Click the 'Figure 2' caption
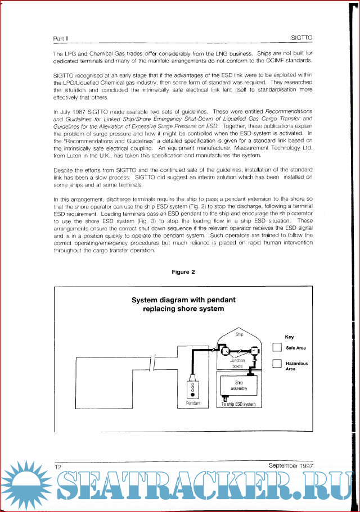(183, 272)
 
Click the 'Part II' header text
(61, 39)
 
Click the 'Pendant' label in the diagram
(193, 404)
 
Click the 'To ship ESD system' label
(238, 404)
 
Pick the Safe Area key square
(276, 348)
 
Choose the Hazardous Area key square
(276, 364)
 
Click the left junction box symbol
(224, 351)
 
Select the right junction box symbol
(253, 351)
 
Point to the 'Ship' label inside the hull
(239, 334)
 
